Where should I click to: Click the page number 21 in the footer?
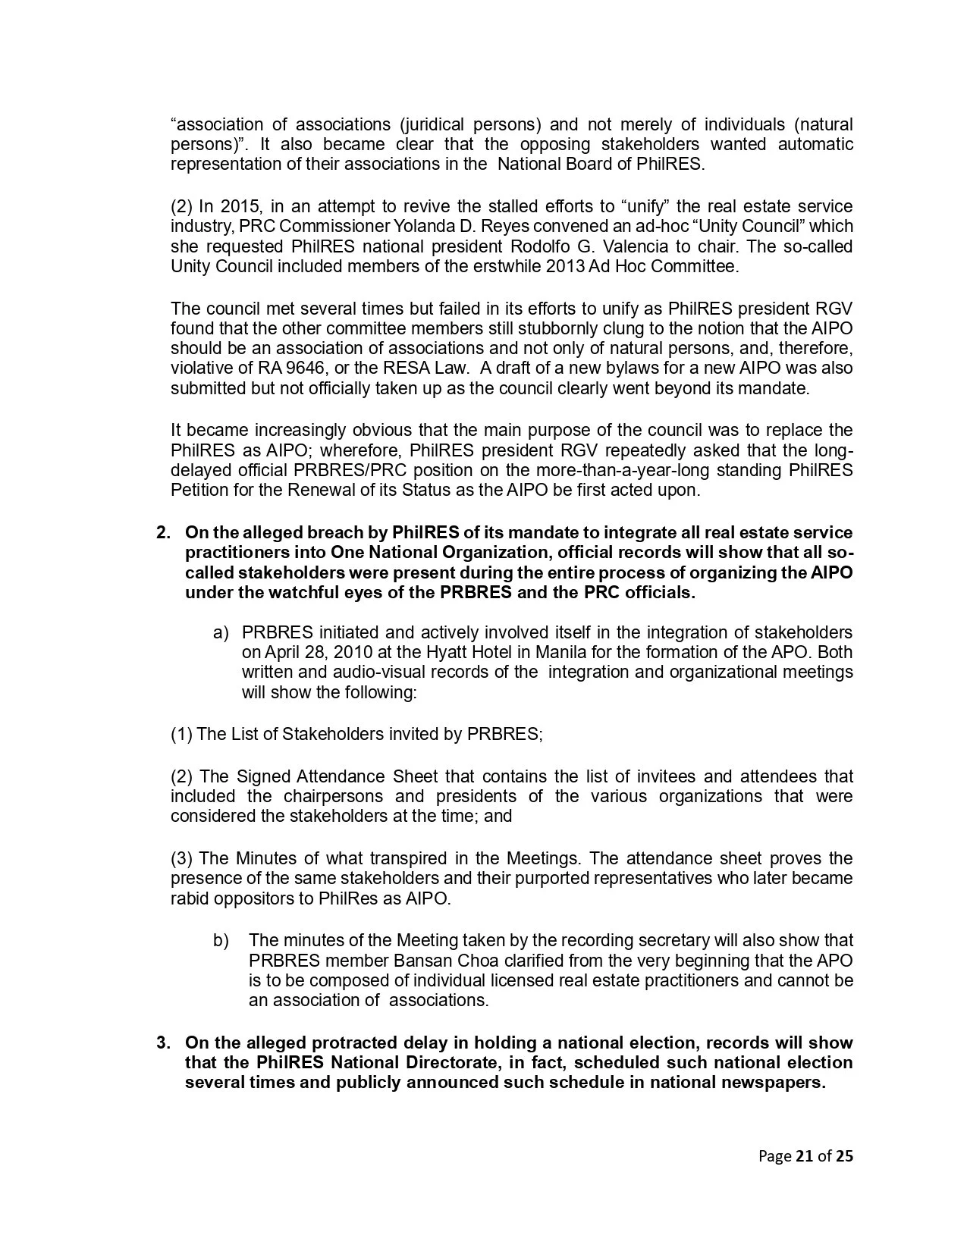click(804, 1156)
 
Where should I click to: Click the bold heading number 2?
click(162, 533)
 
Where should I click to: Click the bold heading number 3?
click(162, 1043)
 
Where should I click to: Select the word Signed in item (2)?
click(263, 777)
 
